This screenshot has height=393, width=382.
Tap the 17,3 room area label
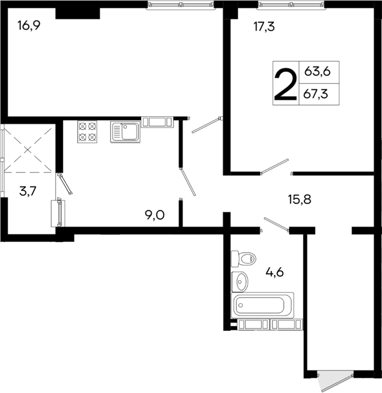(263, 26)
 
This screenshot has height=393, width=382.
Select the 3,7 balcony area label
(28, 191)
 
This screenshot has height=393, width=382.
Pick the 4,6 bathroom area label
(274, 273)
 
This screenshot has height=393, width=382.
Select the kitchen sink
(125, 132)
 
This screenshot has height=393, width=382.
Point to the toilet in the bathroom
(243, 259)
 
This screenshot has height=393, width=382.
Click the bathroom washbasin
(240, 279)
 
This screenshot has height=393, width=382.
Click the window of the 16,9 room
(181, 5)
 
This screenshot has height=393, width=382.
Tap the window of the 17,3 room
(291, 5)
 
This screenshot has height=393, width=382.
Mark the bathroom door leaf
(275, 224)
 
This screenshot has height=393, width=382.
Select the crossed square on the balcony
(29, 149)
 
